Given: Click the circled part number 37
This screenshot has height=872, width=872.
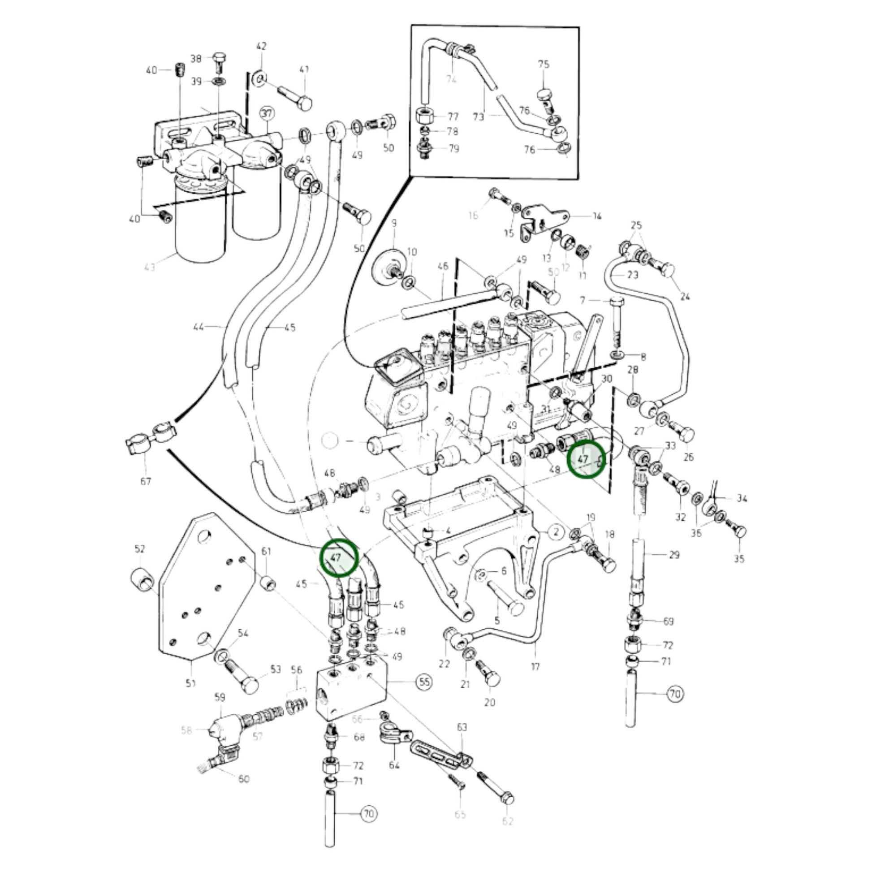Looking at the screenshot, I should (267, 113).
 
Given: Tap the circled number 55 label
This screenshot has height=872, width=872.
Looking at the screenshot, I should (424, 682).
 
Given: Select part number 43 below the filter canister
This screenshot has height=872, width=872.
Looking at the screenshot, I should (149, 267).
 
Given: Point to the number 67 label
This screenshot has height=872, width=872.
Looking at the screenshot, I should (145, 481).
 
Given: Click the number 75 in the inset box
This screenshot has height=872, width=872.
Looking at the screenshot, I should (544, 64).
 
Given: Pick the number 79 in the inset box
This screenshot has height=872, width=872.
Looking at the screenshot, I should (453, 148).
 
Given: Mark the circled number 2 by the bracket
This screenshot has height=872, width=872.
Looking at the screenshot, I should (556, 532).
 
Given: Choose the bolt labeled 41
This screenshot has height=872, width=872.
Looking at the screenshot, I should (294, 99).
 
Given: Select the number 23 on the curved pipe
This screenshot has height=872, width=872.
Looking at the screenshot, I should (633, 275).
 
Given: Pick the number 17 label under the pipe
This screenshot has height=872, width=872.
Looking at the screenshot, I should (535, 666).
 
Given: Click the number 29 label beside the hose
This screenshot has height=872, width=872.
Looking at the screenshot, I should (674, 555).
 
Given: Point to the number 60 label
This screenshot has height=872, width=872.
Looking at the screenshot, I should (244, 779).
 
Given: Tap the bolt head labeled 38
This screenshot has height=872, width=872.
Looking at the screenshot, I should (220, 60).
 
